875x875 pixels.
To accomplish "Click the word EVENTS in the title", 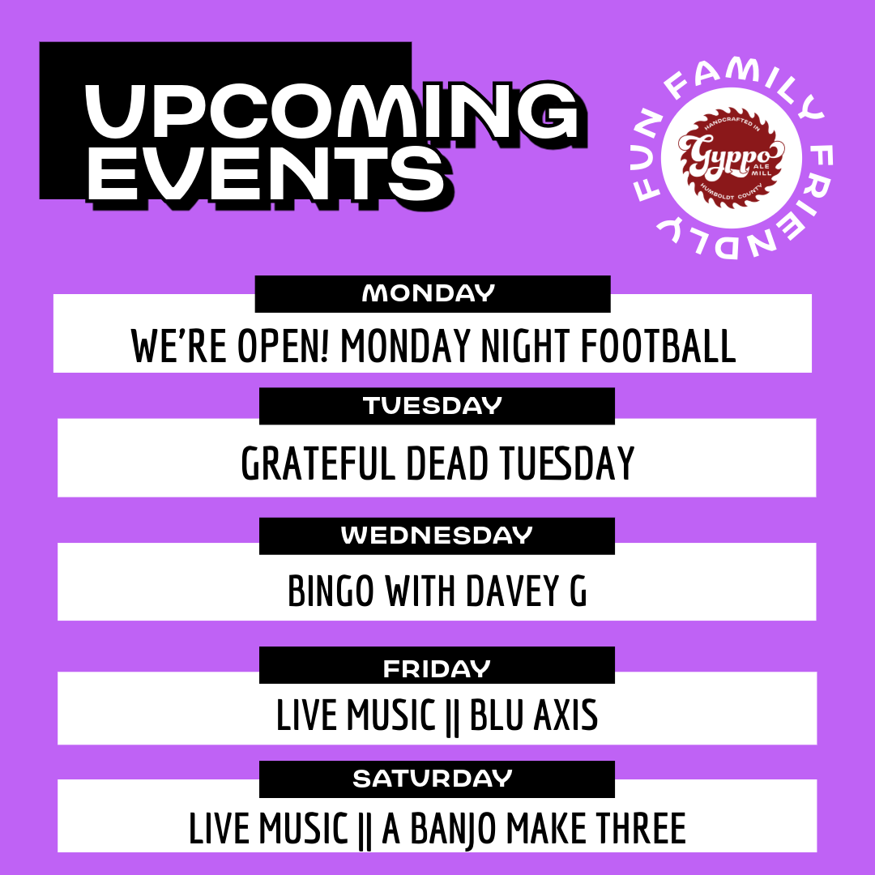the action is pos(267,173).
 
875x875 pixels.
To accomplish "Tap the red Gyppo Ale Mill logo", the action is pos(731,158).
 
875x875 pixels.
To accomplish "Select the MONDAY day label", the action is pos(429,293).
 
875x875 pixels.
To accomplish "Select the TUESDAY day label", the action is pos(433,406).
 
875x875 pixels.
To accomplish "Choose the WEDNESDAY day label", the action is pos(437,536).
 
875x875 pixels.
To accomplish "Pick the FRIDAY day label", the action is pos(437,669).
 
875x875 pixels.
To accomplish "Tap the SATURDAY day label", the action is pos(433,779).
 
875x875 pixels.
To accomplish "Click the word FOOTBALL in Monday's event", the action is pos(659,346).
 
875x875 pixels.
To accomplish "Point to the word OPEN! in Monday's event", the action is pos(284,346).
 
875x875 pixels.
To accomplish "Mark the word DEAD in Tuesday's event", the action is pos(447,463).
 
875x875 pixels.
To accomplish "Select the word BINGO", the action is pos(331,591).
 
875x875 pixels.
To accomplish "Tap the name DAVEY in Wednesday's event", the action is pos(512,591).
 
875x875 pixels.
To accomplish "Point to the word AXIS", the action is pos(566,715).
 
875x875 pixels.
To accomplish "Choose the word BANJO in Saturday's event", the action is pos(453,830).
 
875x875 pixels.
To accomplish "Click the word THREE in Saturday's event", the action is pos(641,828).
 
